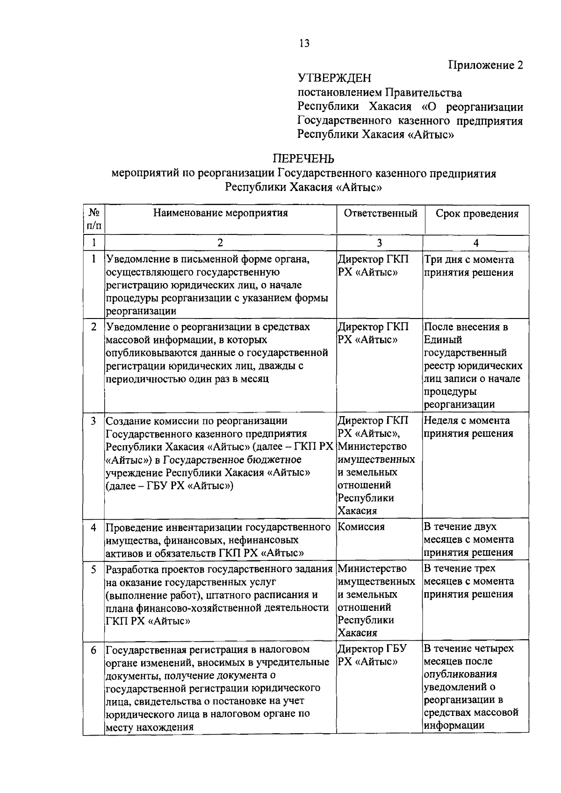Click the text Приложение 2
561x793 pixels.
486,65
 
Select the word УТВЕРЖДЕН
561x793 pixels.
334,78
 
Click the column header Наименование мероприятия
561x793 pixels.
221,213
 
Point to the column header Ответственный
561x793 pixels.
381,213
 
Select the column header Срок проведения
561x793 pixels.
477,214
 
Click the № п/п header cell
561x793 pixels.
94,219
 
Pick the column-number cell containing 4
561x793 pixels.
476,243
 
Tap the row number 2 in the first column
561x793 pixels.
94,327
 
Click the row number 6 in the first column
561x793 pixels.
94,650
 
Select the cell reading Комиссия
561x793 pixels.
361,527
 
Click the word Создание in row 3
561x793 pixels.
127,421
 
